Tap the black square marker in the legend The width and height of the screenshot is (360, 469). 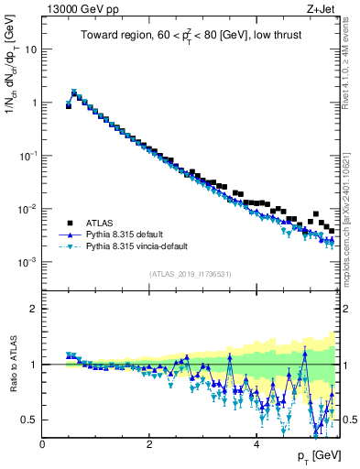click(x=69, y=223)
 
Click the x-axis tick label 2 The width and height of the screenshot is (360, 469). click(x=149, y=443)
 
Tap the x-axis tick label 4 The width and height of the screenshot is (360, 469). click(x=256, y=443)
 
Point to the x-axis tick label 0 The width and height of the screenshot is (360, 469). click(x=43, y=443)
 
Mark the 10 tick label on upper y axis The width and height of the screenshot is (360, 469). click(x=30, y=49)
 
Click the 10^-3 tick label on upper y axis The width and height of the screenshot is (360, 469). click(x=27, y=262)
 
